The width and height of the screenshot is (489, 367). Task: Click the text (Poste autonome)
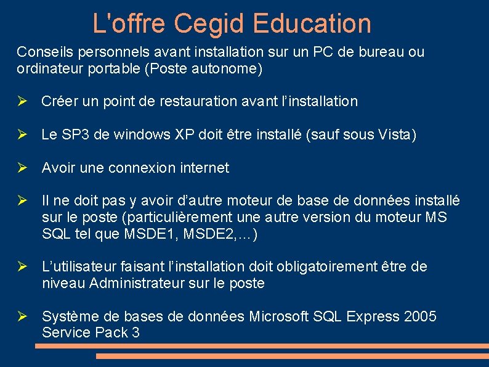click(x=203, y=68)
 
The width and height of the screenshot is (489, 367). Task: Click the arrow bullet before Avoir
click(x=22, y=168)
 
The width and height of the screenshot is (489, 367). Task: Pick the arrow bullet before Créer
click(x=22, y=101)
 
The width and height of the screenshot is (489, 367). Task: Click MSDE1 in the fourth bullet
click(x=158, y=234)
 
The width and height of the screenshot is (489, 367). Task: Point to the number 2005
click(x=420, y=317)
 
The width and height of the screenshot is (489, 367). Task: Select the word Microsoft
click(x=280, y=317)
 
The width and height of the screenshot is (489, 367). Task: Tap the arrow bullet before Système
click(x=22, y=317)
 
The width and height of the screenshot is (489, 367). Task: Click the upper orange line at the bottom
click(x=262, y=346)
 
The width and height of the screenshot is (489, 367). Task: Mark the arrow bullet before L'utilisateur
click(x=22, y=267)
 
